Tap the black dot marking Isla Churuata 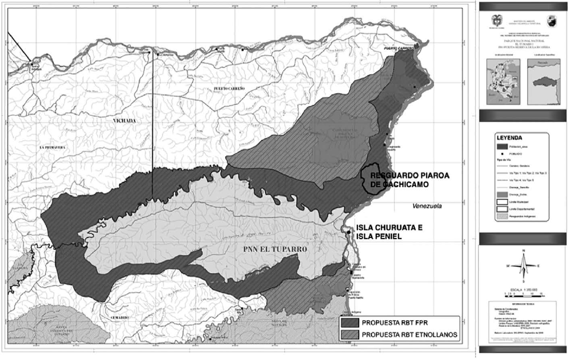pos(349,233)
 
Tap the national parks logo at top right pos(550,21)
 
